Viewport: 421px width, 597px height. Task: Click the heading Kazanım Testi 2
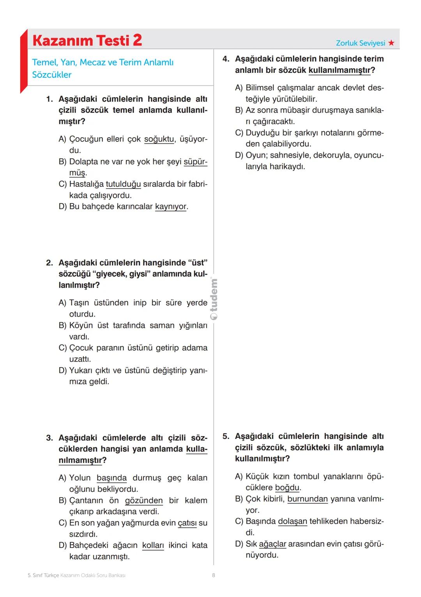pos(87,40)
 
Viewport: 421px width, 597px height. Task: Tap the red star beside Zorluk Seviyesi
pos(391,43)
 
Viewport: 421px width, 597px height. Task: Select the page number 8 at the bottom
pos(213,575)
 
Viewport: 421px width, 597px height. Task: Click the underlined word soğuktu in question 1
pos(159,139)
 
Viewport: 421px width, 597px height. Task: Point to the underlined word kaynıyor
pos(171,207)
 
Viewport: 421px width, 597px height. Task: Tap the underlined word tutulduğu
pos(123,184)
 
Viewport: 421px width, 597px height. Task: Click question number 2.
pos(49,263)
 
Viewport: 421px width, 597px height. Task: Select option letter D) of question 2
pos(62,370)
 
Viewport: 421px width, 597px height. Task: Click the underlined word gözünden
pos(143,500)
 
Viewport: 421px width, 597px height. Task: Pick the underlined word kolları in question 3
pos(153,545)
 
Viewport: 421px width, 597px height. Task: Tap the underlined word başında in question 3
pos(111,478)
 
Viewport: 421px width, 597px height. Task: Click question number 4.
pos(226,59)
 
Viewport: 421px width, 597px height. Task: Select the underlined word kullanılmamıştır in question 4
pos(339,70)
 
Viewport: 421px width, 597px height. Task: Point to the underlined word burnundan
pos(307,499)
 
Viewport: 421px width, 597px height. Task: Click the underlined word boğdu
pos(287,487)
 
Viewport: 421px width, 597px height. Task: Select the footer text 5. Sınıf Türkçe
pos(43,575)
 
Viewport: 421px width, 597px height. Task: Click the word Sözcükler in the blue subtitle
pos(51,75)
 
